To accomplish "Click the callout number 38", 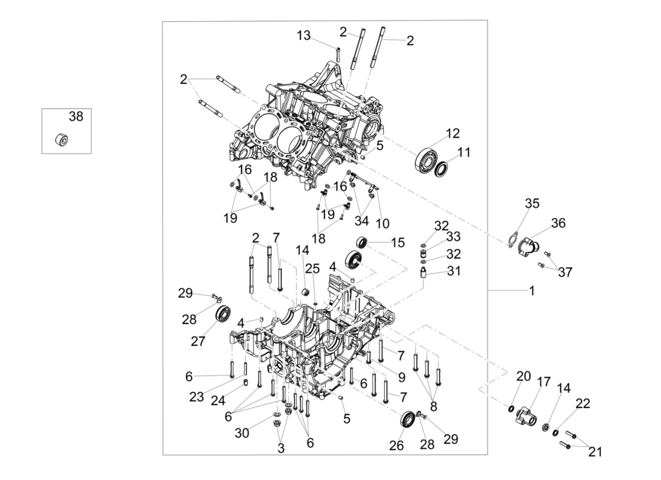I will click(76, 117).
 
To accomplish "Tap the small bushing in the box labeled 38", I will click(61, 140).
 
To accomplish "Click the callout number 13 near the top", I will click(305, 36).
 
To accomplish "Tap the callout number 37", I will click(565, 272).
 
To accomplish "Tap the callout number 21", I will click(595, 452).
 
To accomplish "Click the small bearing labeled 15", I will click(362, 242).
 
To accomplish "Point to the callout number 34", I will click(361, 221).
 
